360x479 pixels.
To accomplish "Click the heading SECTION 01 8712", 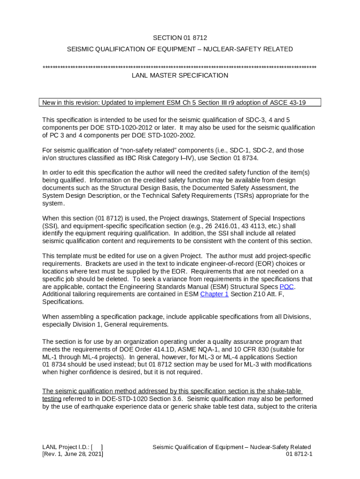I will click(x=180, y=37).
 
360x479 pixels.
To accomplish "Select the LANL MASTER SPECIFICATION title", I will click(x=180, y=75).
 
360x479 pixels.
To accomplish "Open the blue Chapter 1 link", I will click(x=214, y=294).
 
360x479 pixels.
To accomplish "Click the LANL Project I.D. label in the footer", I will click(x=65, y=447).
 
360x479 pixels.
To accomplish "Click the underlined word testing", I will click(x=51, y=399).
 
